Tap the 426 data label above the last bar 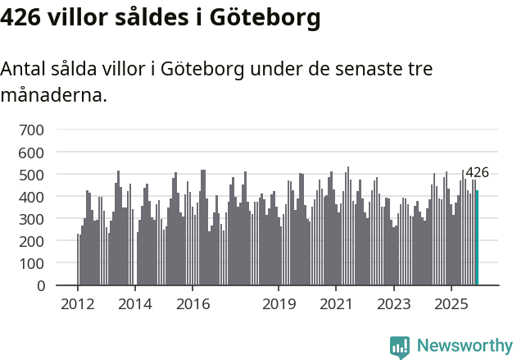tap(477, 173)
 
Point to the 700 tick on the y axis tap(31, 130)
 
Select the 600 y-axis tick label tap(31, 153)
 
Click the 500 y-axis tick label tap(31, 175)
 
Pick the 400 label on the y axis tap(31, 197)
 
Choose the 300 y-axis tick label tap(31, 219)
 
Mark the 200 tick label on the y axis tap(31, 242)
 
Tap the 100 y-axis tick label tap(31, 264)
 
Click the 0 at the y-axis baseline tap(39, 286)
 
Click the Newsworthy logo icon tap(400, 346)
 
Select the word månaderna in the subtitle tap(53, 95)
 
